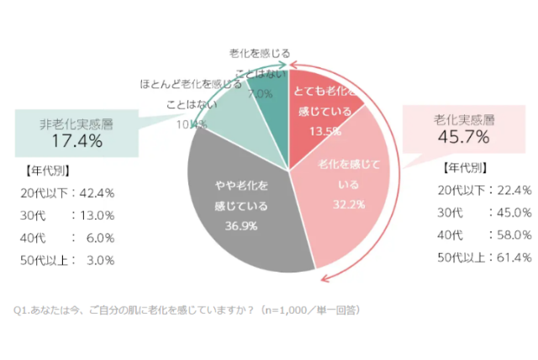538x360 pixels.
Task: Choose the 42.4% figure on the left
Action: pyautogui.click(x=98, y=192)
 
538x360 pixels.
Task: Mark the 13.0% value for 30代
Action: pyautogui.click(x=98, y=214)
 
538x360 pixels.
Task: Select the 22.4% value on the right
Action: pyautogui.click(x=515, y=189)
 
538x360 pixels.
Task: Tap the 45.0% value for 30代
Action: pyautogui.click(x=515, y=212)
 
